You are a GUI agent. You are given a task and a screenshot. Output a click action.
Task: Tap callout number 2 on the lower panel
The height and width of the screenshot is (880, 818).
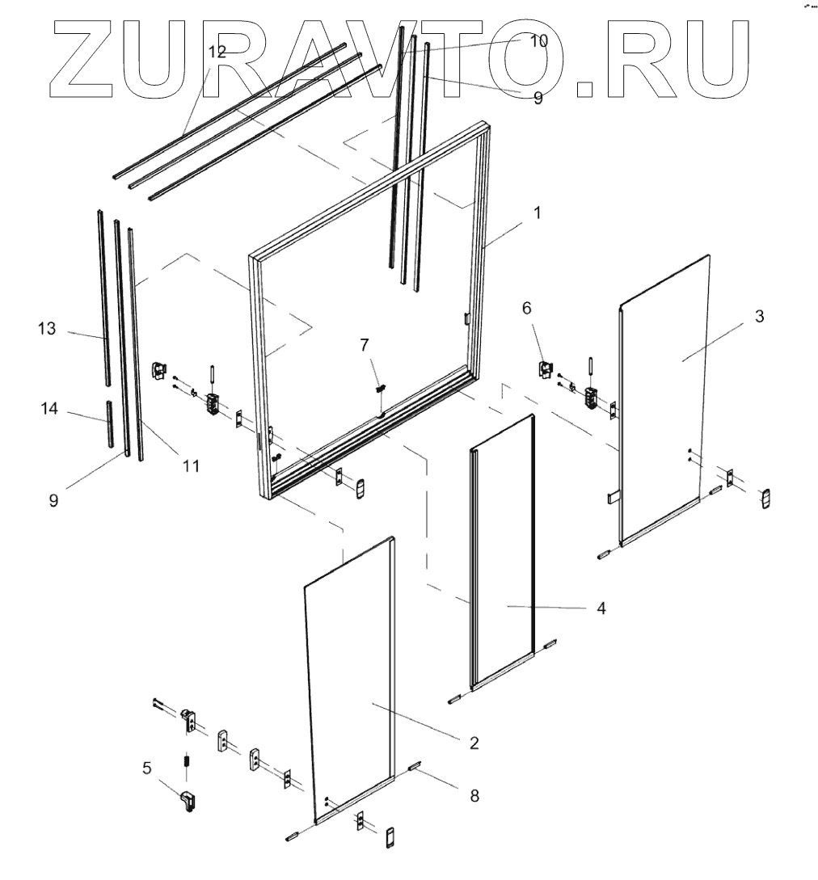click(x=474, y=742)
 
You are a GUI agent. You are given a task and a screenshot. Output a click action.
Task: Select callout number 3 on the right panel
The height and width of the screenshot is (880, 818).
click(x=758, y=316)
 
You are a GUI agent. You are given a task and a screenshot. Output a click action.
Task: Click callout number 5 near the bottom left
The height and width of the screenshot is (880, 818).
click(x=146, y=768)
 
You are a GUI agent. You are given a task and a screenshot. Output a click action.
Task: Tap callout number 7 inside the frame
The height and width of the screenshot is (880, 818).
click(x=365, y=345)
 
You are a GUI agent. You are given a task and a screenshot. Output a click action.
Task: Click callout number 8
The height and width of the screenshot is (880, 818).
click(x=474, y=796)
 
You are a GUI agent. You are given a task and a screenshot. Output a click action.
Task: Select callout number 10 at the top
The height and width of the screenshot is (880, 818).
click(x=538, y=40)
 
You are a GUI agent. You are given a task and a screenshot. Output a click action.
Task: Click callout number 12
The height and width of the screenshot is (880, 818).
click(x=217, y=52)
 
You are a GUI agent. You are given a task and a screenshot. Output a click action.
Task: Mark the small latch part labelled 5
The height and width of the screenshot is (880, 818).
click(x=188, y=802)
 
